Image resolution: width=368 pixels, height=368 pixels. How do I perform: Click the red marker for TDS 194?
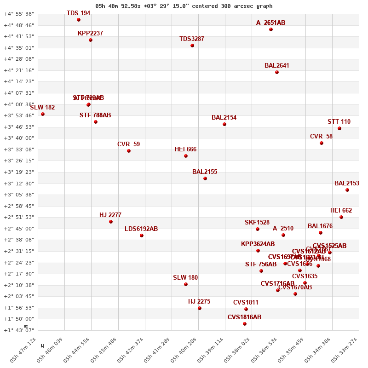click(x=79, y=20)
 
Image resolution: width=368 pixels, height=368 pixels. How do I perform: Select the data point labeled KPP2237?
click(x=91, y=40)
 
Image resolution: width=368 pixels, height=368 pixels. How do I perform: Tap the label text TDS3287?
click(x=192, y=39)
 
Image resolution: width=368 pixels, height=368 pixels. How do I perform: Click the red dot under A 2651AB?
click(x=271, y=29)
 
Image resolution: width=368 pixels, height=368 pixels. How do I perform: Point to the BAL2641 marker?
click(x=277, y=72)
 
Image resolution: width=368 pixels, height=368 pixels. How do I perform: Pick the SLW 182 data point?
click(x=43, y=114)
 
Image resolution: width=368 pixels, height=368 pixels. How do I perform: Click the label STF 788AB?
click(x=95, y=115)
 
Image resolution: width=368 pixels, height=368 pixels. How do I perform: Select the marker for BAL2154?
click(x=224, y=124)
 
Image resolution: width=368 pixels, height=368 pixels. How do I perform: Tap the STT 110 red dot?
click(x=339, y=128)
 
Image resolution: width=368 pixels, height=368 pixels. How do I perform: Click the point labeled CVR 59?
click(x=129, y=151)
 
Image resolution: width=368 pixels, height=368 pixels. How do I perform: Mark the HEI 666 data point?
click(x=186, y=156)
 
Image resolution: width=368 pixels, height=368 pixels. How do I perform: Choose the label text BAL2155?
click(x=205, y=172)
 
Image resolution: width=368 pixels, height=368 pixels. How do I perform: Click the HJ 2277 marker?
click(x=111, y=222)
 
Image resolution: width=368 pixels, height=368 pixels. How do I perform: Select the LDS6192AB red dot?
click(x=142, y=236)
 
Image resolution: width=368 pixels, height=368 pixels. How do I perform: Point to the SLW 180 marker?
click(x=186, y=284)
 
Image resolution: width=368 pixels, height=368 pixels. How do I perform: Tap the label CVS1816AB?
click(x=244, y=317)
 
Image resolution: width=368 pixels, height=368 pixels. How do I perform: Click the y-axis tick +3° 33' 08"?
click(x=19, y=149)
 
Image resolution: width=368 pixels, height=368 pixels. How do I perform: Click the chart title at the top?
click(x=184, y=6)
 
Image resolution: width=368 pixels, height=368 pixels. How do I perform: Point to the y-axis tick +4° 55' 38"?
click(x=19, y=14)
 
